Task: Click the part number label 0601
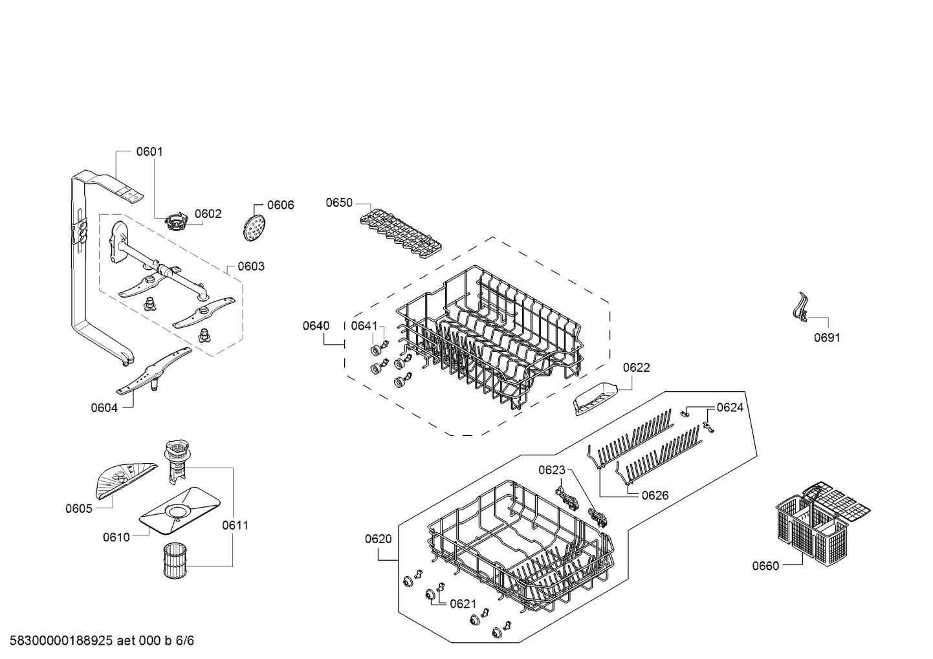[x=149, y=151]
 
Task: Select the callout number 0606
[x=280, y=205]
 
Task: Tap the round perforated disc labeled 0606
[x=253, y=228]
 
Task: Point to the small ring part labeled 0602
[x=175, y=221]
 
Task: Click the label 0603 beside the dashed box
[x=251, y=266]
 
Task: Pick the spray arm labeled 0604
[x=154, y=371]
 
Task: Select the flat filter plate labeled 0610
[x=179, y=511]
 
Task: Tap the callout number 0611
[x=235, y=525]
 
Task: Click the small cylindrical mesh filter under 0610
[x=175, y=559]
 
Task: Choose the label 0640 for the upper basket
[x=316, y=325]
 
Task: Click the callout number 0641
[x=364, y=325]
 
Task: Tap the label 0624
[x=730, y=407]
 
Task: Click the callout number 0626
[x=655, y=495]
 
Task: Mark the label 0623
[x=551, y=470]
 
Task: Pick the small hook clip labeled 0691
[x=800, y=308]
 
